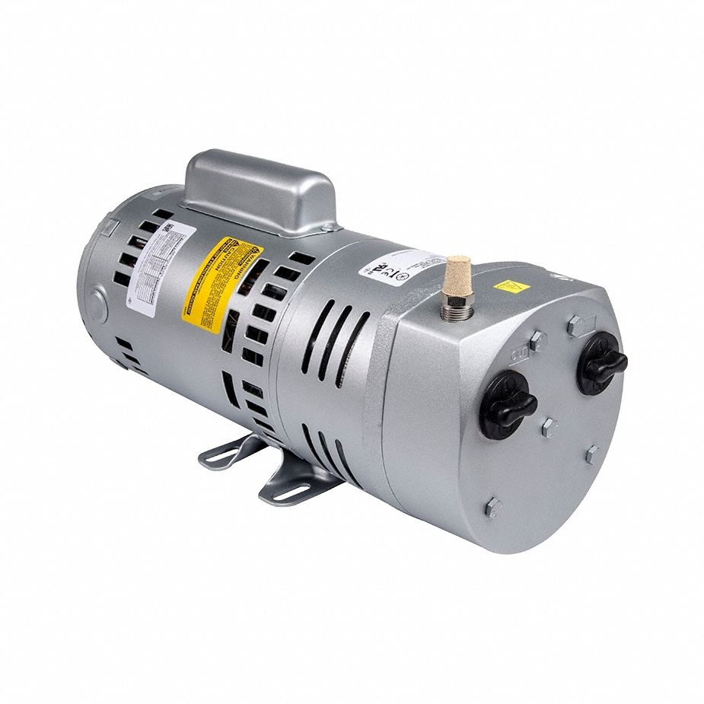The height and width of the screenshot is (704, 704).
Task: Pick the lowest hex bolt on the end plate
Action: coord(493,507)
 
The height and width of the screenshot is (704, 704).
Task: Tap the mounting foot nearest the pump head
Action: coord(293,481)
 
